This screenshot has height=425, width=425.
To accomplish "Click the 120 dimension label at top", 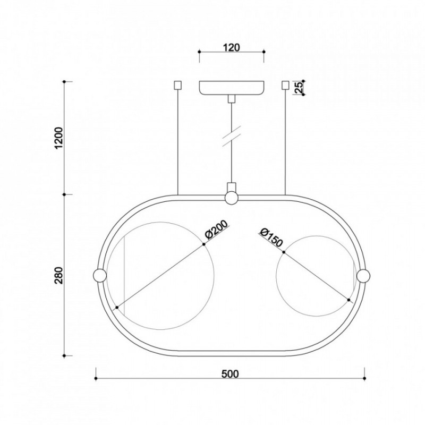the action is coord(232,47).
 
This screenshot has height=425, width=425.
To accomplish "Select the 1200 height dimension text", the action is coord(59,138).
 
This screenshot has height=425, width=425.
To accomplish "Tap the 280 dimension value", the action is coord(59,275).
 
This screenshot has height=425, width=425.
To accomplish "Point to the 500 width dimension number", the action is coord(231,374).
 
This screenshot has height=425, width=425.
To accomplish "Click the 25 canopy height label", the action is coord(298,88).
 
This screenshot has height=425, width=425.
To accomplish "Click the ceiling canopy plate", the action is coord(232,88).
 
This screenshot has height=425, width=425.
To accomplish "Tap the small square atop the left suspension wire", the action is coord(177,85).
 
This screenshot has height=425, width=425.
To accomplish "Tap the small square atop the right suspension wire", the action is coord(285,85).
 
